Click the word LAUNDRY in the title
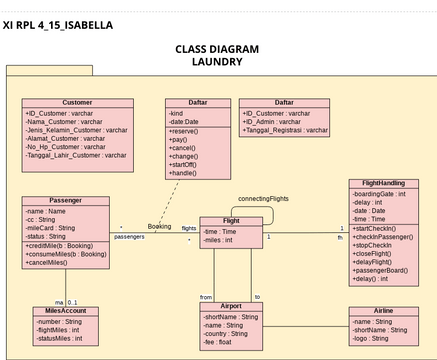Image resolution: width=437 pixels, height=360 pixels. pyautogui.click(x=217, y=61)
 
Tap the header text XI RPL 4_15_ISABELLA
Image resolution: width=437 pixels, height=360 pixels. pyautogui.click(x=58, y=24)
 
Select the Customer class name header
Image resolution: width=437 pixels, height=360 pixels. pyautogui.click(x=77, y=103)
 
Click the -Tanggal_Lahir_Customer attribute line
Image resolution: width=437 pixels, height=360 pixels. pyautogui.click(x=76, y=155)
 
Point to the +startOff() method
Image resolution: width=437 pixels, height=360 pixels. pyautogui.click(x=184, y=165)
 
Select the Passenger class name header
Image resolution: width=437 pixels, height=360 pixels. pyautogui.click(x=65, y=201)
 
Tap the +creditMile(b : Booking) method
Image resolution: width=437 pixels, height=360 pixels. pyautogui.click(x=65, y=245)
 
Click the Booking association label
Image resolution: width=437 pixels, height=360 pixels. pyautogui.click(x=159, y=227)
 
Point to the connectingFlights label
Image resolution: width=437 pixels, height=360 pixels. pyautogui.click(x=264, y=199)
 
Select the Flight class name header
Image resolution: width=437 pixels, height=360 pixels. pyautogui.click(x=231, y=221)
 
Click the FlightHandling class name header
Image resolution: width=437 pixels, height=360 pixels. pyautogui.click(x=377, y=184)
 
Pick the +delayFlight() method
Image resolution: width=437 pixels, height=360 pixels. pyautogui.click(x=377, y=262)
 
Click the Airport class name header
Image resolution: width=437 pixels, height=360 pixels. pyautogui.click(x=231, y=306)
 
